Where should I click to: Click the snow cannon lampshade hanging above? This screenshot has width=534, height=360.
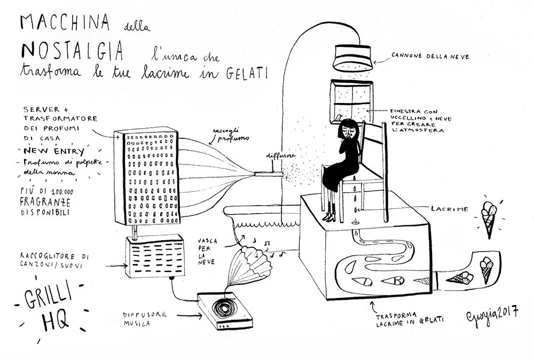tap(352, 58)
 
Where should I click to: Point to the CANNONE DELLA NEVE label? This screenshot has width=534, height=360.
tap(430, 56)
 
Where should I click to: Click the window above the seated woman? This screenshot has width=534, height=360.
tap(351, 101)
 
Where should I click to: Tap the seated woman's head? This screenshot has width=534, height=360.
tap(349, 130)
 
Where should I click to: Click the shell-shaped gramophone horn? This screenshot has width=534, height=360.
tap(250, 265)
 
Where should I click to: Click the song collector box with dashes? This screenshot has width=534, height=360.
tap(155, 257)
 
